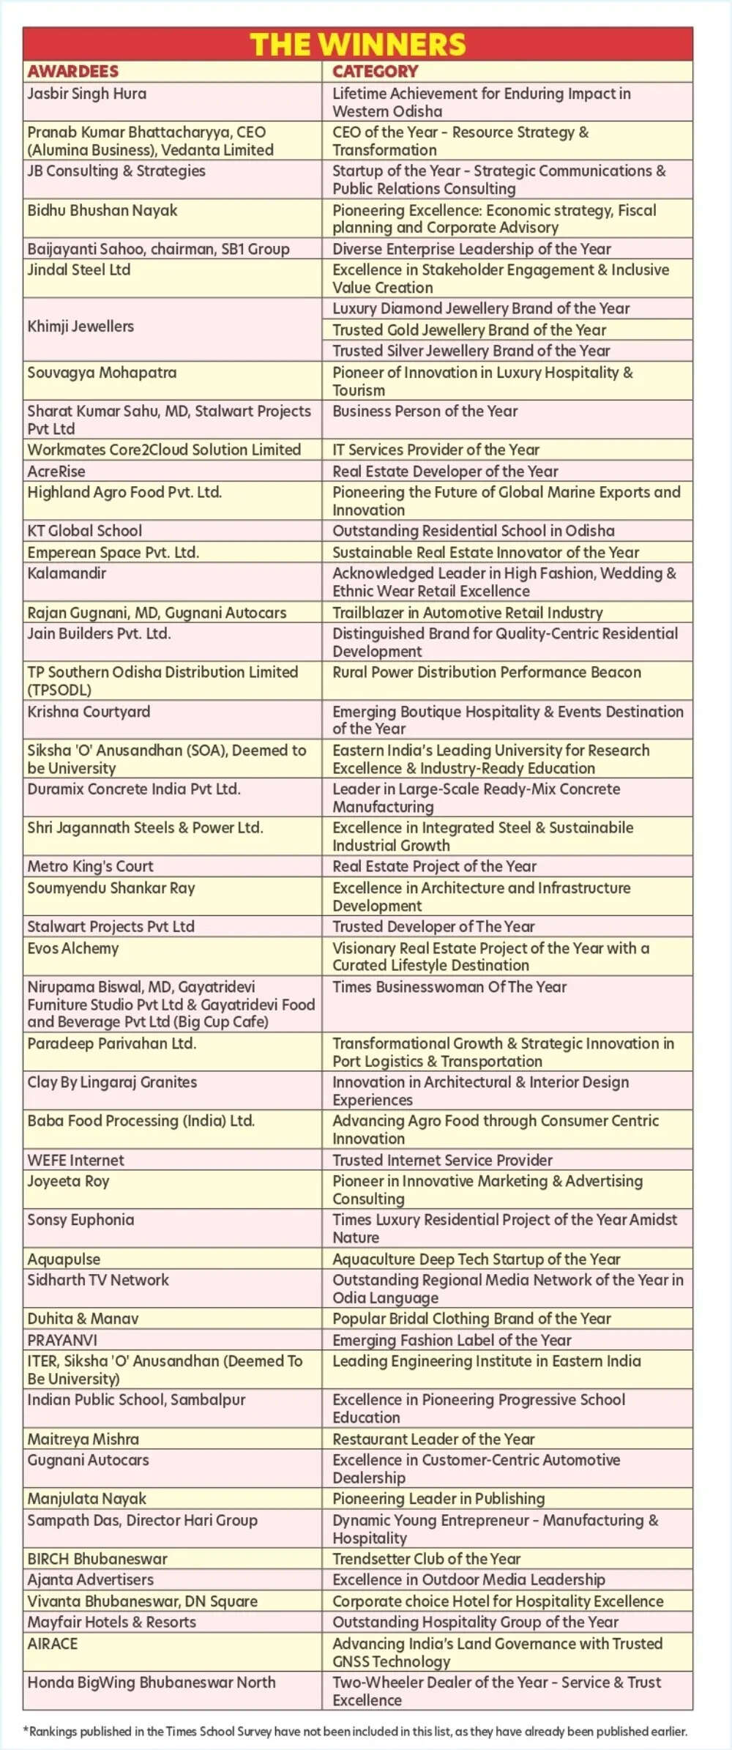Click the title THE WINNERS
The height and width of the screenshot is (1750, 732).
click(x=358, y=45)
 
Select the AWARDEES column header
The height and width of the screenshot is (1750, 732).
click(x=73, y=71)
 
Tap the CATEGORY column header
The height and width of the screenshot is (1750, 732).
click(x=376, y=71)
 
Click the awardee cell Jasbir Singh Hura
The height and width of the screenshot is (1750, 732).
click(x=87, y=94)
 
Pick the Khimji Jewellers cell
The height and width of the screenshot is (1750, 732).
click(x=81, y=327)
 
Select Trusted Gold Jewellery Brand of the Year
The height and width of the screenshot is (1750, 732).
click(x=469, y=330)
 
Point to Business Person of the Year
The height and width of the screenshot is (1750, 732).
click(x=425, y=412)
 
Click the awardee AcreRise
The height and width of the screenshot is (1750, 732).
click(x=56, y=471)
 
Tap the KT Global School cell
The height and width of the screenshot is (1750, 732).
click(x=85, y=531)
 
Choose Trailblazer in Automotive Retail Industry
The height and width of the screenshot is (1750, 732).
click(x=468, y=612)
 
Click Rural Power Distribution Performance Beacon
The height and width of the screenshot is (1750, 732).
click(x=487, y=672)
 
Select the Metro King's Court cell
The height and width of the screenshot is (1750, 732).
click(x=91, y=866)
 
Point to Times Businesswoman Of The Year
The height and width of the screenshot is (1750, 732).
click(x=449, y=987)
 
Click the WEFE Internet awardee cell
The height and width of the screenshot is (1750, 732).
click(x=76, y=1160)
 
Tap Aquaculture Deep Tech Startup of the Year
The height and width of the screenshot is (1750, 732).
click(x=477, y=1259)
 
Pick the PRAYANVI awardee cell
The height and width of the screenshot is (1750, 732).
click(x=62, y=1340)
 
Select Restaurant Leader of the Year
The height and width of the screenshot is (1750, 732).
click(x=433, y=1439)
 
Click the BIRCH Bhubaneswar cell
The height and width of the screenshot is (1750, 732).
click(x=97, y=1559)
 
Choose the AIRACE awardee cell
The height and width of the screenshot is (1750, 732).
click(x=53, y=1643)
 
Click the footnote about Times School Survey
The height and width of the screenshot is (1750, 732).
click(x=356, y=1731)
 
